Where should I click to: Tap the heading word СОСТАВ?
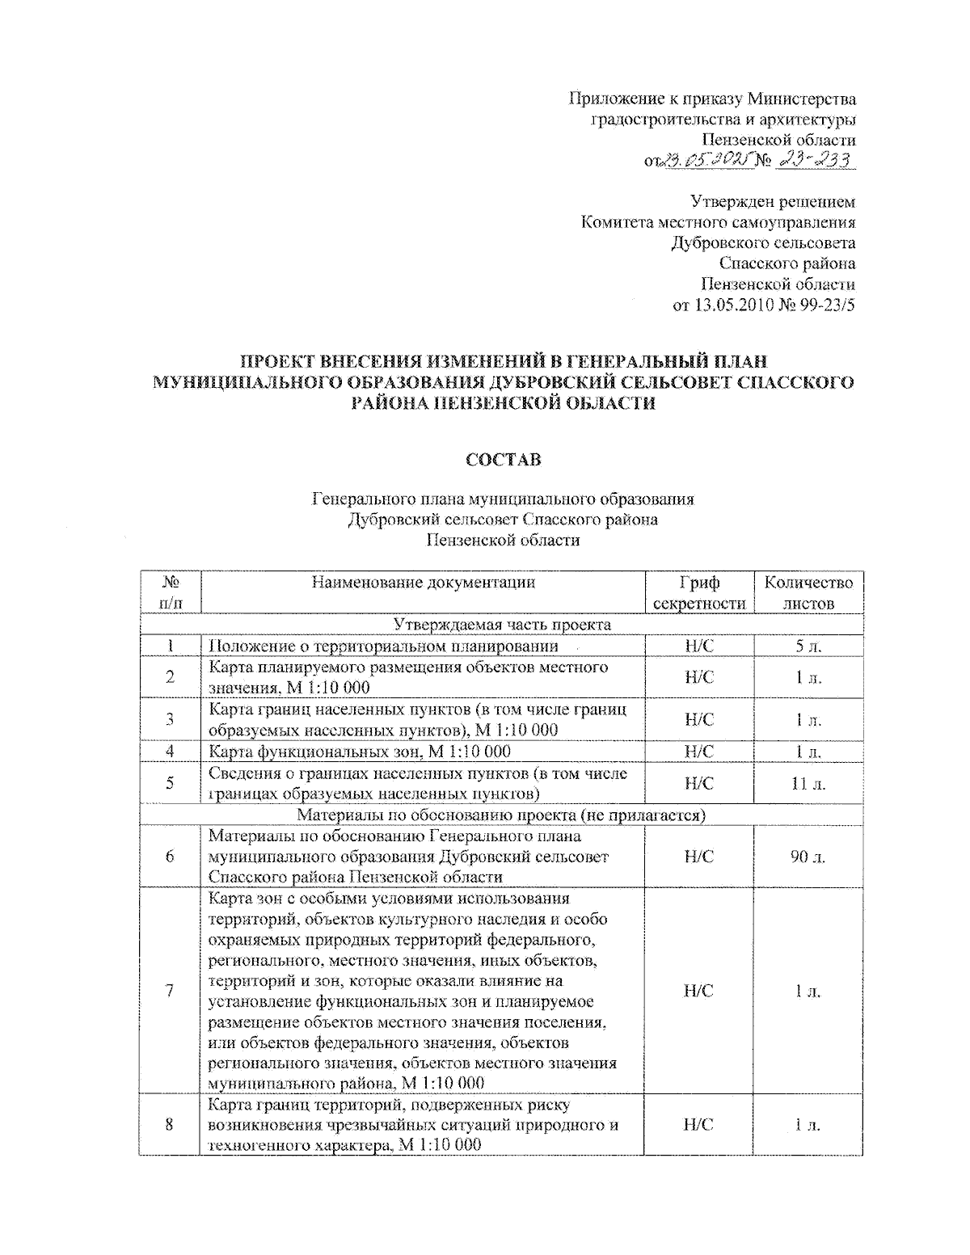(503, 460)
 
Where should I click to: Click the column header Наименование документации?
(423, 583)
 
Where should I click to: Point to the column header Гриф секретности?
(699, 592)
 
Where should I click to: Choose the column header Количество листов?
(808, 592)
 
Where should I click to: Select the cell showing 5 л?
(808, 646)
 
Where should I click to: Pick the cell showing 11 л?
(808, 783)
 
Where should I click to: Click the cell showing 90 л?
(808, 857)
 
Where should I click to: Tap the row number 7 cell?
(170, 991)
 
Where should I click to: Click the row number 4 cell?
(170, 752)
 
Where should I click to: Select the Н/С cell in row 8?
(699, 1124)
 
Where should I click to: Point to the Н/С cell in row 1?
(699, 646)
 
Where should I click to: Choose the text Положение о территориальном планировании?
(383, 646)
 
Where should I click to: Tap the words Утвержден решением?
(772, 201)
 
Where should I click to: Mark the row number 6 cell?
(170, 857)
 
